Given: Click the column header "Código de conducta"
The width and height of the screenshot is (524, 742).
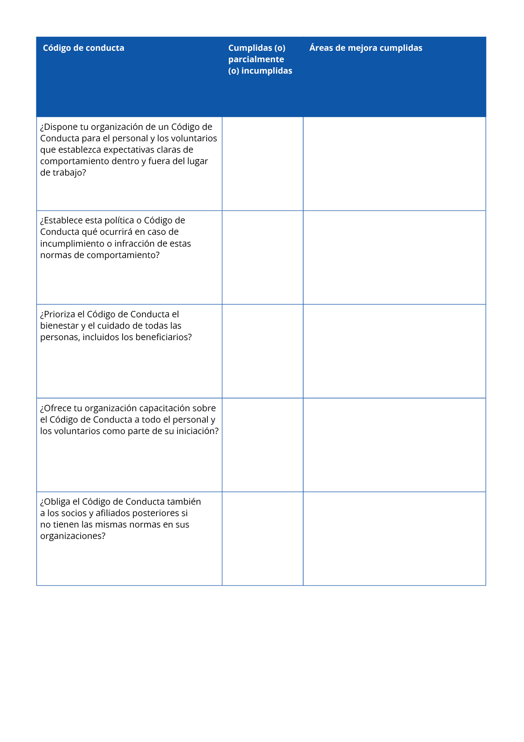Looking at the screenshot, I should click(83, 48).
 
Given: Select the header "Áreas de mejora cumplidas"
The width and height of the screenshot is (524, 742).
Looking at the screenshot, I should click(366, 48).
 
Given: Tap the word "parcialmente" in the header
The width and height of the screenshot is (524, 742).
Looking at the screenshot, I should click(256, 59).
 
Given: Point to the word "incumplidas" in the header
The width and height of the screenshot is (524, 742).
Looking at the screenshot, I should click(267, 71).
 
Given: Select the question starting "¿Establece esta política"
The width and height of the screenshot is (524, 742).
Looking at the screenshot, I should click(115, 237).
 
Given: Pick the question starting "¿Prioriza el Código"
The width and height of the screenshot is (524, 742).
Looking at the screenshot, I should click(116, 325).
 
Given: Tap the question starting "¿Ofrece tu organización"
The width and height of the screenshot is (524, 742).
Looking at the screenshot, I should click(129, 419).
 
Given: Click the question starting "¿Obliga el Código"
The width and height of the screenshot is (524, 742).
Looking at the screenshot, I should click(120, 519).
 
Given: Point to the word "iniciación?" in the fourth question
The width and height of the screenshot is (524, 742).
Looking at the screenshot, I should click(195, 431).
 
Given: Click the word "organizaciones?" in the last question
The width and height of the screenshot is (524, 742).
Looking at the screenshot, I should click(73, 536).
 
